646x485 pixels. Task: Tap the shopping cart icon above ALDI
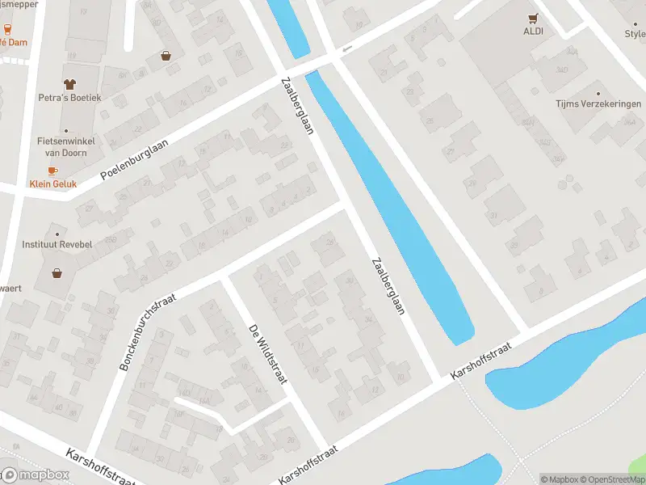532,17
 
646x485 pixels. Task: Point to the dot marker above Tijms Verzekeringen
598,92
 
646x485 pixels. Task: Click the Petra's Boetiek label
69,98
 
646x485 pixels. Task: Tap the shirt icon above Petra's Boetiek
69,84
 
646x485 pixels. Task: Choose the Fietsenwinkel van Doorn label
66,146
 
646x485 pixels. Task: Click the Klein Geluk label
53,184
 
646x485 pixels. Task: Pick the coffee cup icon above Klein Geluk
53,171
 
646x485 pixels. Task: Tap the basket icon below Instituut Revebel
57,272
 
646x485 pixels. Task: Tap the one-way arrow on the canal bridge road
347,49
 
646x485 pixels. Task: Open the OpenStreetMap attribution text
610,479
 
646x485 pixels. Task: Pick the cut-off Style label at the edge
635,34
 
